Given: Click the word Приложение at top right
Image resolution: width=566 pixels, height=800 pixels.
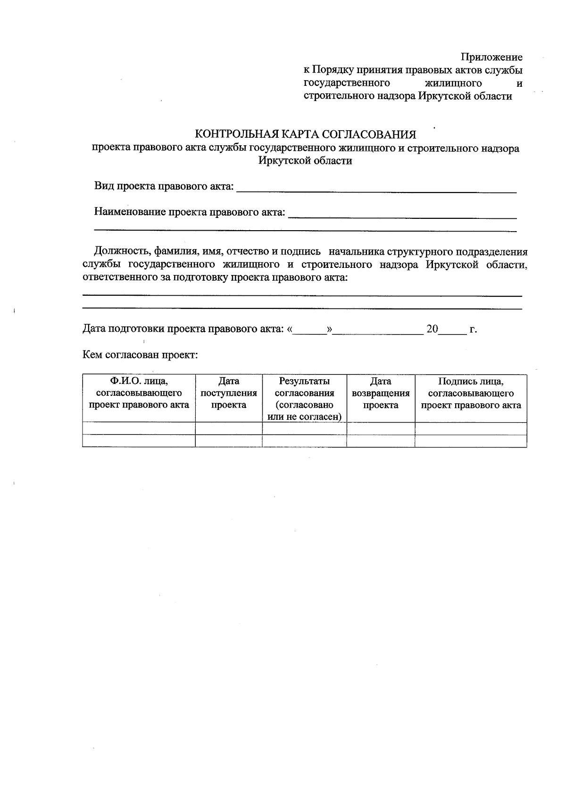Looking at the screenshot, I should pyautogui.click(x=492, y=57).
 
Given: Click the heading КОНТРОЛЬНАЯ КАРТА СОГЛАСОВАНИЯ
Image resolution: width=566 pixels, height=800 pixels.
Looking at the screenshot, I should pyautogui.click(x=305, y=134).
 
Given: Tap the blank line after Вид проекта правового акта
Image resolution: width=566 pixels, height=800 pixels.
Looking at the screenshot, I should pyautogui.click(x=376, y=189).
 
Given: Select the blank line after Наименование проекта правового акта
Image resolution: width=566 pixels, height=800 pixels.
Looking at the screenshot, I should pyautogui.click(x=402, y=215).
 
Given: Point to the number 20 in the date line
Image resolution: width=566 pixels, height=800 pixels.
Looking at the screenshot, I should pyautogui.click(x=432, y=329).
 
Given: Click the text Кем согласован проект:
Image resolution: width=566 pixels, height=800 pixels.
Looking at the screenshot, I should pyautogui.click(x=140, y=354).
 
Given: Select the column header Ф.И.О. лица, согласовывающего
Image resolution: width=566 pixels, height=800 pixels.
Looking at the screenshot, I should pyautogui.click(x=139, y=393).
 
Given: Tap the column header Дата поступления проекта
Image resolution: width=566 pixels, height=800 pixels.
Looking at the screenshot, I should pyautogui.click(x=229, y=393).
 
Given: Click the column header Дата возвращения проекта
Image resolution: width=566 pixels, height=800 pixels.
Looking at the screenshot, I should pyautogui.click(x=381, y=393).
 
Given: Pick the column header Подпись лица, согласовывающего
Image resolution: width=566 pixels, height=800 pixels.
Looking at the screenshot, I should pyautogui.click(x=471, y=393).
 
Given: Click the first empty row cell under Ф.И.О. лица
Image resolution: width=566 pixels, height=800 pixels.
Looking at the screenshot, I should pyautogui.click(x=139, y=428).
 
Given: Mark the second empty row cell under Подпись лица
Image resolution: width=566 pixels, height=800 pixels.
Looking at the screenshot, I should pyautogui.click(x=471, y=441).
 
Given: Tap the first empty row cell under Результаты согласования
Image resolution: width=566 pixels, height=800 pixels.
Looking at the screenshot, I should pyautogui.click(x=304, y=428).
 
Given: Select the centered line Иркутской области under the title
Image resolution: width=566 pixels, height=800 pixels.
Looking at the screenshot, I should pyautogui.click(x=305, y=160).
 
